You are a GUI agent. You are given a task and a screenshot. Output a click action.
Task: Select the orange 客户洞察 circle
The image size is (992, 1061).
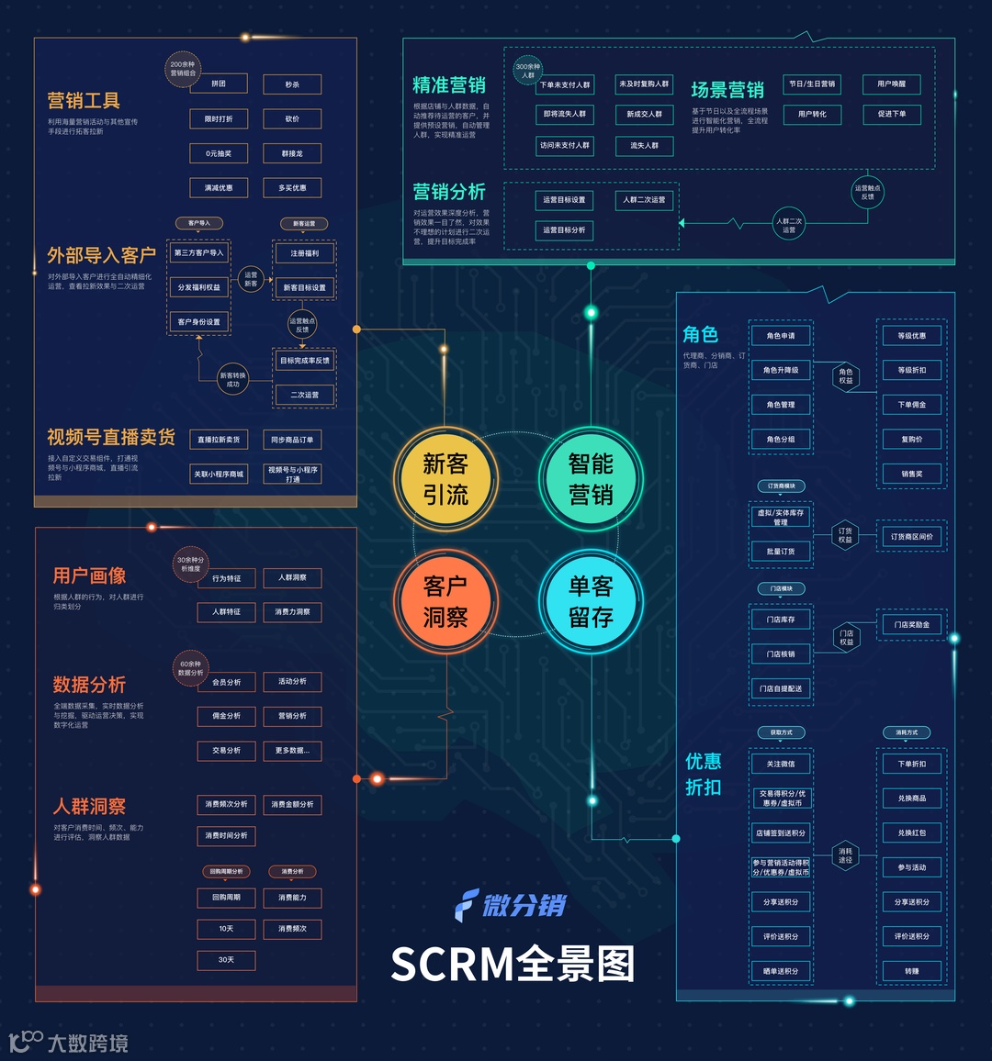point(445,601)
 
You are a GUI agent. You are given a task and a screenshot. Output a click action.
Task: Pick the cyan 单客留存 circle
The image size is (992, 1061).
point(591,601)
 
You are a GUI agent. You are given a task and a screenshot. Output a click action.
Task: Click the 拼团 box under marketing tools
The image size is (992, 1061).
point(219,84)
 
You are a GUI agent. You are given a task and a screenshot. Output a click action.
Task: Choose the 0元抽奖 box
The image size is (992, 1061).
point(219,153)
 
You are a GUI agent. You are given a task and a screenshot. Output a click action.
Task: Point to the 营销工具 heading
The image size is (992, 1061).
point(84,100)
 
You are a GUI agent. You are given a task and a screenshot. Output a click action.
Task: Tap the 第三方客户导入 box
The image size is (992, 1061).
point(198,253)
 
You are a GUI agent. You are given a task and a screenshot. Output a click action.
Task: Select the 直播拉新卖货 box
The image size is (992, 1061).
point(219,440)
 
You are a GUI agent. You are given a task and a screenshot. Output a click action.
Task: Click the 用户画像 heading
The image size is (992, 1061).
point(89,575)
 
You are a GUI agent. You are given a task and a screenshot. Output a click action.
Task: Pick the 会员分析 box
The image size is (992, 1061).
point(227,682)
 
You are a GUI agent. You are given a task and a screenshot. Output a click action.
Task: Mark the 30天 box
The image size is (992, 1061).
point(226,960)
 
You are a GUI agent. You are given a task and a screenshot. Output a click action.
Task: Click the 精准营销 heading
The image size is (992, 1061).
point(449,85)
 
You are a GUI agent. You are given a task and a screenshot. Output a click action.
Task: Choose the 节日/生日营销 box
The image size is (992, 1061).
point(812,84)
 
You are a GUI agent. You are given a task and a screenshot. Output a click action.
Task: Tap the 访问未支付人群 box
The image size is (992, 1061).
point(565,145)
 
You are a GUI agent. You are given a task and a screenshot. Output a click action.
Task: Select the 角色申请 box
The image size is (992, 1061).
point(781,336)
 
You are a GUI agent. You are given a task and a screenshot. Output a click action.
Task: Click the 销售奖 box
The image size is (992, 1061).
point(912,474)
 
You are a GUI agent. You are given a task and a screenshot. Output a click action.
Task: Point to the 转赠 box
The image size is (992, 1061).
point(911,971)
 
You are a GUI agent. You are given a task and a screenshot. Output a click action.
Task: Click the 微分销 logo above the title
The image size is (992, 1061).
point(512,905)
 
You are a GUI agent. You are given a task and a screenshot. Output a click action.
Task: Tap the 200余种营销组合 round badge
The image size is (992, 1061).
point(183,68)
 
